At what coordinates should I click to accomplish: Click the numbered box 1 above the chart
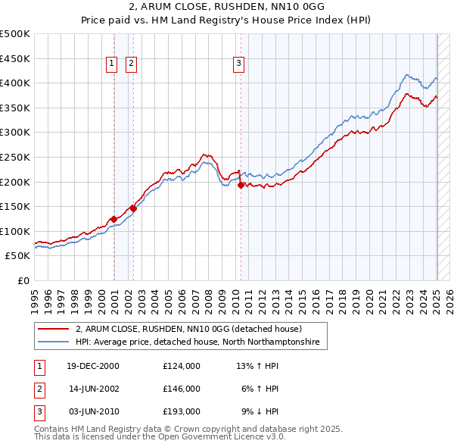pyautogui.click(x=111, y=64)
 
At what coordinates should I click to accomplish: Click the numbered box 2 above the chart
pyautogui.click(x=131, y=64)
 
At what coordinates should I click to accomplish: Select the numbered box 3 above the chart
pyautogui.click(x=238, y=64)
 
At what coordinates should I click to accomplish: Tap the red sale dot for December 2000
pyautogui.click(x=113, y=219)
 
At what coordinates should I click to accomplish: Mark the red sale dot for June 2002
pyautogui.click(x=133, y=208)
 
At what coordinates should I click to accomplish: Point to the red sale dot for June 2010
pyautogui.click(x=241, y=185)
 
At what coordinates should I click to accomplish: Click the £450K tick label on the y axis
pyautogui.click(x=15, y=58)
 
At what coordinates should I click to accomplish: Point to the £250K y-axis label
pyautogui.click(x=15, y=157)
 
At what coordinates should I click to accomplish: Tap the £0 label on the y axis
pyautogui.click(x=23, y=280)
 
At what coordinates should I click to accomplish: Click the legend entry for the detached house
pyautogui.click(x=188, y=329)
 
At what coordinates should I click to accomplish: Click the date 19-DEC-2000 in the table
pyautogui.click(x=93, y=365)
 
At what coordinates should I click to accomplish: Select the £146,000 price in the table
pyautogui.click(x=182, y=389)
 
